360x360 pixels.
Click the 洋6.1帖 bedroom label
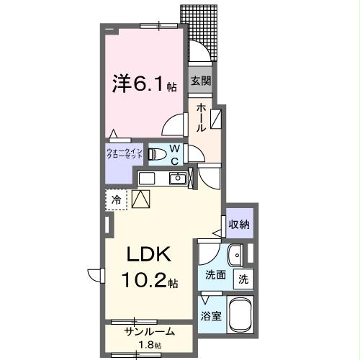click(144, 84)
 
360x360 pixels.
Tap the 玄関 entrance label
click(200, 81)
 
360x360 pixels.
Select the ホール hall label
click(201, 117)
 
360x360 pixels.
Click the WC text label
click(174, 155)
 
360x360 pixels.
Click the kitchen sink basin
click(176, 179)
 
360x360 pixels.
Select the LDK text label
click(149, 255)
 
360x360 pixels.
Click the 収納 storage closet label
click(239, 225)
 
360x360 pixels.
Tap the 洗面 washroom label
click(215, 274)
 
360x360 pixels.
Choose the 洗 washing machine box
click(243, 279)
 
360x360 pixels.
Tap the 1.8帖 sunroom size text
click(149, 343)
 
